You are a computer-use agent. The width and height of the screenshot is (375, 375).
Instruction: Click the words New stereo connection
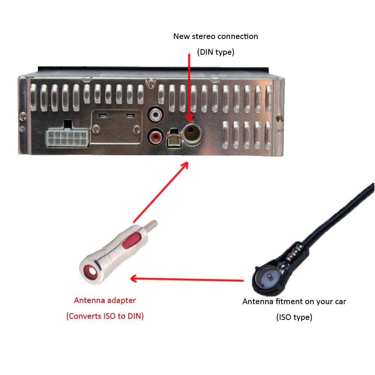(x=215, y=36)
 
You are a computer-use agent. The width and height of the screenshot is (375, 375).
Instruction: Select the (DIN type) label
(x=216, y=52)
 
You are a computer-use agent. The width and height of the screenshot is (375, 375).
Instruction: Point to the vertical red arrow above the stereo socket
(x=189, y=86)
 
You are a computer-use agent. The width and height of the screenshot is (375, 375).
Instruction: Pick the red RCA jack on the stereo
(x=155, y=135)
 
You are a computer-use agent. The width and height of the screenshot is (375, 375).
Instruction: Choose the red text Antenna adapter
(x=105, y=300)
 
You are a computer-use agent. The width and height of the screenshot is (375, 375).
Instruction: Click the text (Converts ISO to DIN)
(x=105, y=316)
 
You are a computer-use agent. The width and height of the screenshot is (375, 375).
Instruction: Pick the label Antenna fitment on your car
(x=294, y=301)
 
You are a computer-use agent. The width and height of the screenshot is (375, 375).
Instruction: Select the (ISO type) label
(x=294, y=317)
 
